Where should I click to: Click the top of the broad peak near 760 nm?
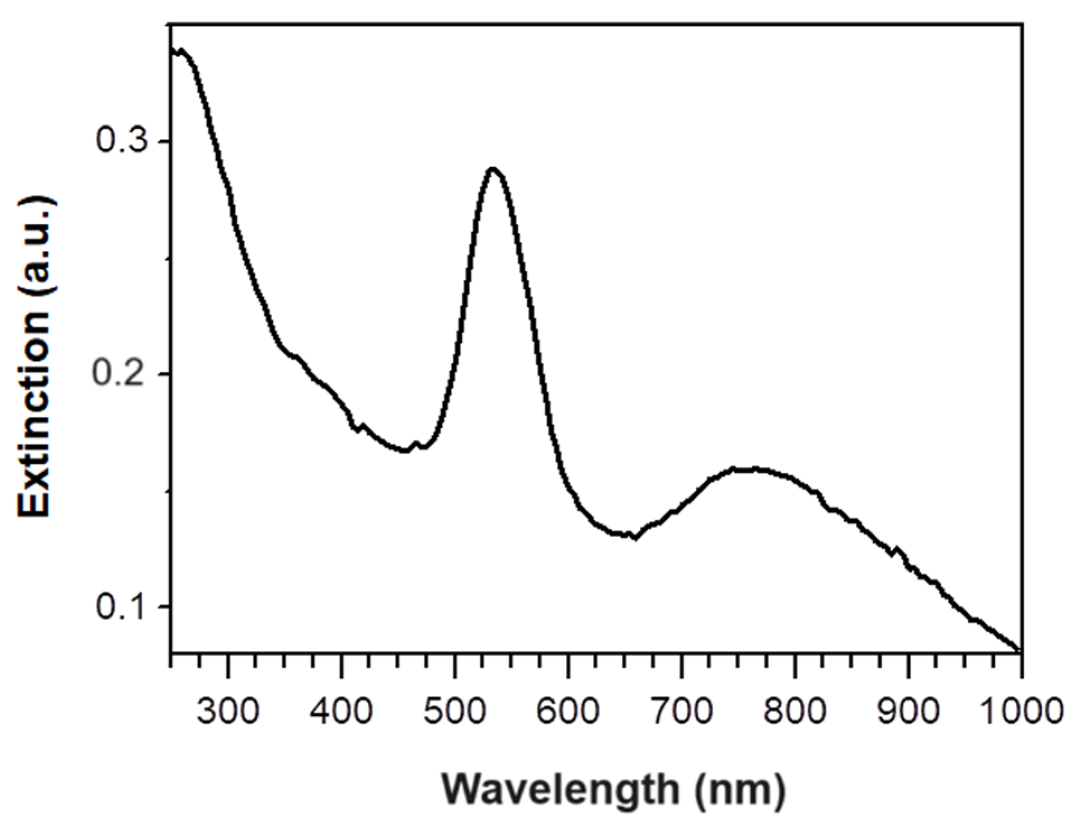[750, 469]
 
